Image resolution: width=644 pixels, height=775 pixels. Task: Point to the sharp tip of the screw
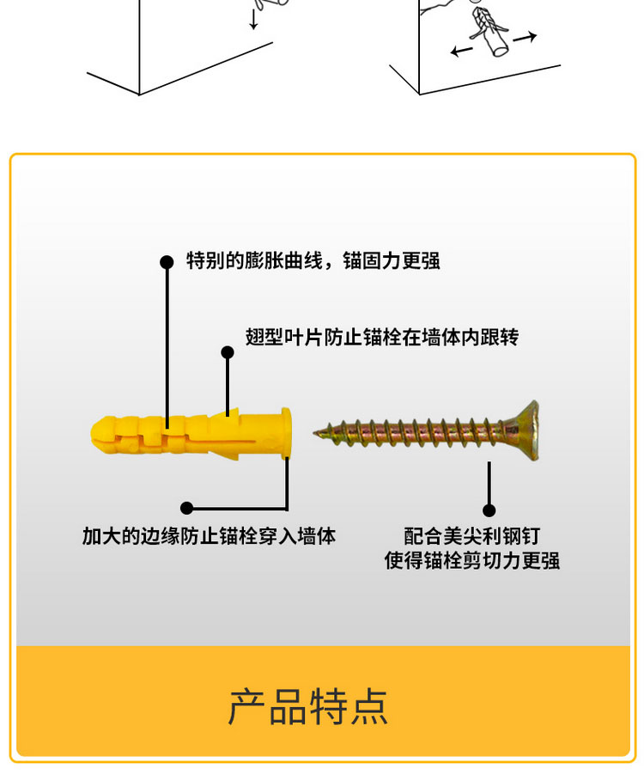pyautogui.click(x=315, y=432)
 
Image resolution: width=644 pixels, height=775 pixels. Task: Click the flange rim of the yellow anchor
pyautogui.click(x=285, y=433)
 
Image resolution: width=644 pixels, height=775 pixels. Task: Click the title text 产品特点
pyautogui.click(x=307, y=707)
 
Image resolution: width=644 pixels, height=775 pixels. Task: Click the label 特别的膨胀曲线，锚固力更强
pyautogui.click(x=313, y=260)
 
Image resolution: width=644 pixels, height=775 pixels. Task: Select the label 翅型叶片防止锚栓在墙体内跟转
pyautogui.click(x=382, y=337)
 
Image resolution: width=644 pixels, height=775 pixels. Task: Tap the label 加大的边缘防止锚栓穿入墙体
pyautogui.click(x=209, y=536)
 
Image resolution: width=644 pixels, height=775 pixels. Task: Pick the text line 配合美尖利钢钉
pyautogui.click(x=472, y=536)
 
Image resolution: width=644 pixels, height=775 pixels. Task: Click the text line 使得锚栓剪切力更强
pyautogui.click(x=472, y=560)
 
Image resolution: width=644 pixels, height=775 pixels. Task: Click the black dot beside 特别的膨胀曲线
pyautogui.click(x=167, y=262)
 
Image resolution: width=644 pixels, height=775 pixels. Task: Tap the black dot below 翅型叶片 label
pyautogui.click(x=228, y=352)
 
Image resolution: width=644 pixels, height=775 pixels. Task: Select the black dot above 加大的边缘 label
pyautogui.click(x=186, y=508)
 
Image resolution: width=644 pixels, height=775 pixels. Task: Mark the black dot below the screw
pyautogui.click(x=489, y=510)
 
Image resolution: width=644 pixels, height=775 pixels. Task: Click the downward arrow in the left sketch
pyautogui.click(x=253, y=19)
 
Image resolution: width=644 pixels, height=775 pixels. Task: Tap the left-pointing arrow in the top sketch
pyautogui.click(x=461, y=51)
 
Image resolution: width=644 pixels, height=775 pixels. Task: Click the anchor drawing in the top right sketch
pyautogui.click(x=489, y=30)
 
